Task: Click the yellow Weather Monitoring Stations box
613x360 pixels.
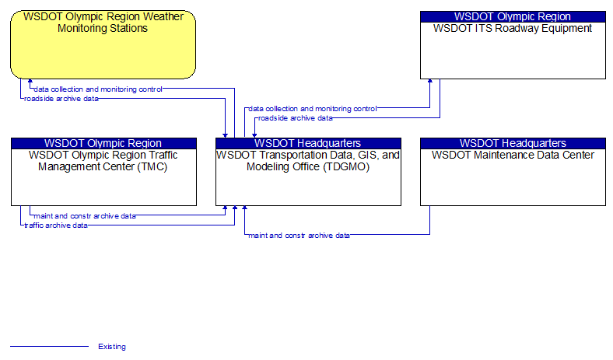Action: coord(103,44)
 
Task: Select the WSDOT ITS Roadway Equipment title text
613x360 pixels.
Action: coord(513,29)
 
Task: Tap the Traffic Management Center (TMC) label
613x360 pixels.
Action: coord(103,161)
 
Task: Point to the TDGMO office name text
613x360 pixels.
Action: coord(308,161)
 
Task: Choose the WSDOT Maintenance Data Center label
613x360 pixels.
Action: coord(513,156)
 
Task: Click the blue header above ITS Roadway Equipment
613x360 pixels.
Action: coord(513,16)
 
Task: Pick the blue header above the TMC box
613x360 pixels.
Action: coord(103,143)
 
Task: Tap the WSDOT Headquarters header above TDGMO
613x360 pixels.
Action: coord(308,143)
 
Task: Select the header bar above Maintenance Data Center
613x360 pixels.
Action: coord(513,143)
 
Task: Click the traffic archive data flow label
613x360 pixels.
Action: coord(56,225)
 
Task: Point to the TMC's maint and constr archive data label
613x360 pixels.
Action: coord(85,216)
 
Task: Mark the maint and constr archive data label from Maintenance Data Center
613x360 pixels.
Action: coord(299,236)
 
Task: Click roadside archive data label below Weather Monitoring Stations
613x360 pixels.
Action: coord(61,99)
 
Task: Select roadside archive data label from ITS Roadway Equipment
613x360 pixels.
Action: coord(295,118)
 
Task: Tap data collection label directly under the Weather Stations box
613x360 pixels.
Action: coord(98,89)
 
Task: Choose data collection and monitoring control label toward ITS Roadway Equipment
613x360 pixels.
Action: coord(313,109)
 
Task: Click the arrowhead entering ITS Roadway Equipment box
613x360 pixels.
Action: coord(430,81)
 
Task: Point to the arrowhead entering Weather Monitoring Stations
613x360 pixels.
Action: coord(30,81)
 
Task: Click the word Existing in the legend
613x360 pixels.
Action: coord(112,347)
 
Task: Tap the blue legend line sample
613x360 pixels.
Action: coord(49,346)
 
